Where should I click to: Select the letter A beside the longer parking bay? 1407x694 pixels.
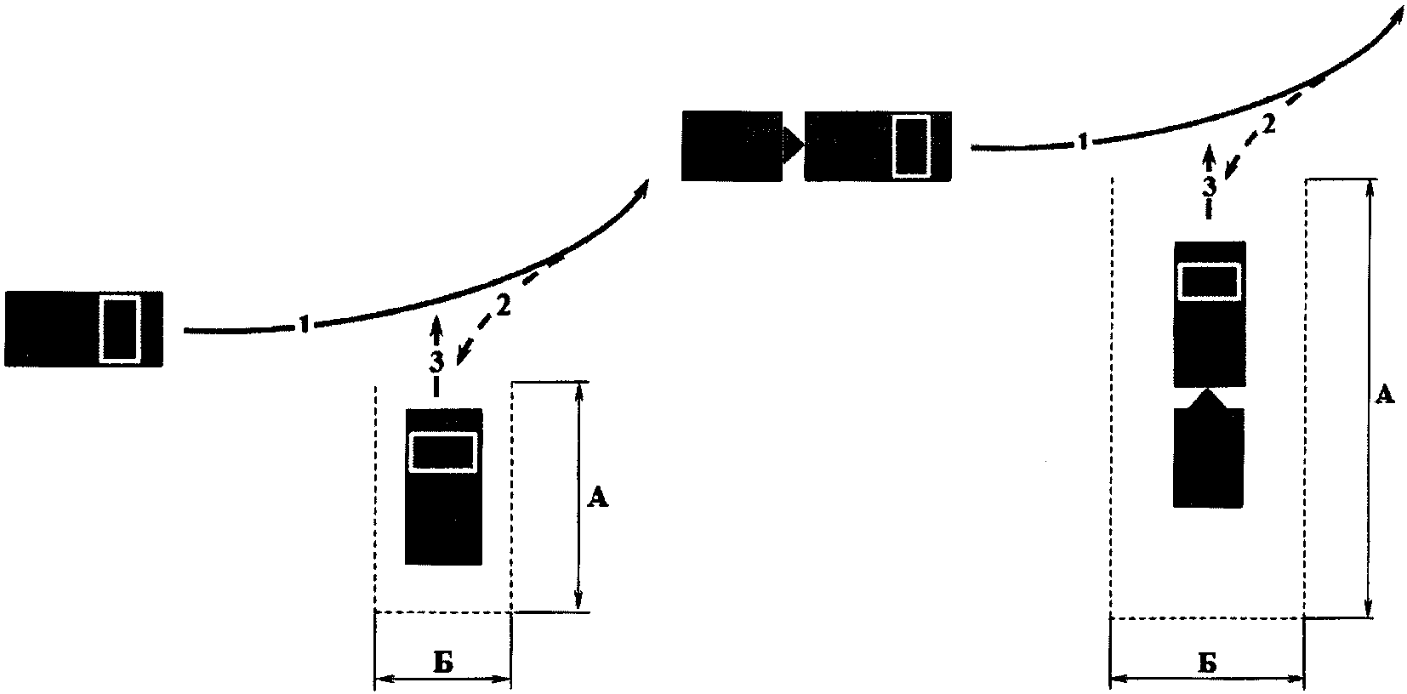(x=1385, y=394)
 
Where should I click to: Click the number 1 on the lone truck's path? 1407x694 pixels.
(x=304, y=323)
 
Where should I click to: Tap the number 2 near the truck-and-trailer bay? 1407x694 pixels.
(x=1267, y=125)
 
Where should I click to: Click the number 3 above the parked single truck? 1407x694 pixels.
(x=436, y=361)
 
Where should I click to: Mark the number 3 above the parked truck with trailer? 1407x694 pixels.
(x=1209, y=185)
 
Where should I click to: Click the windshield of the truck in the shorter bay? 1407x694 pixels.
(x=442, y=451)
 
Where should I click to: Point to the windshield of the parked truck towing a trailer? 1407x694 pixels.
(x=1209, y=281)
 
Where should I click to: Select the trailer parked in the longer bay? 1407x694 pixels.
(x=1209, y=459)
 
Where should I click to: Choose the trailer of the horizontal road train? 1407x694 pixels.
(x=732, y=145)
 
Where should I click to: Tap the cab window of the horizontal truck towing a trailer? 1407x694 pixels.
(x=912, y=145)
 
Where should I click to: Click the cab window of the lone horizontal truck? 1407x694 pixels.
(x=119, y=328)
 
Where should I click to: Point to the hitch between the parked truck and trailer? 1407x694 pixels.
(x=1209, y=399)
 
